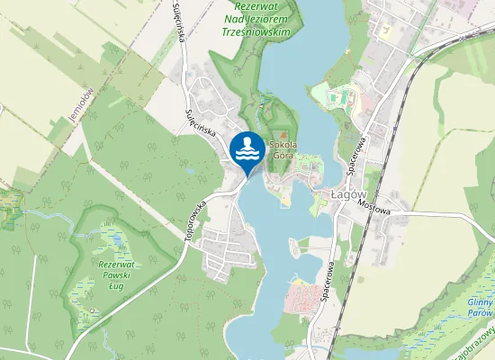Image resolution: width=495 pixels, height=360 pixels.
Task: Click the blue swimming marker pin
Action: click(247, 150)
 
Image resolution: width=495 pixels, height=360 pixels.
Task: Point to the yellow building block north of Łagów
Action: click(386, 30)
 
